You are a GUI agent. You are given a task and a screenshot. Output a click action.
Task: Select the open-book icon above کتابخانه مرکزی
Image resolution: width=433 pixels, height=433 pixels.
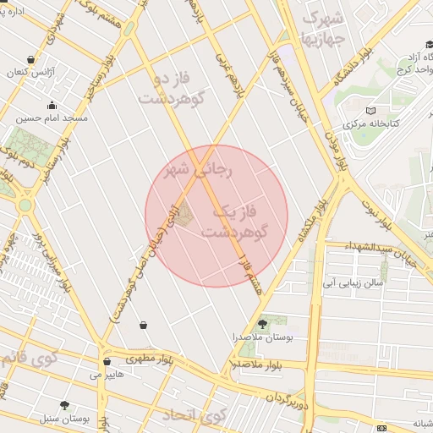tap(370, 111)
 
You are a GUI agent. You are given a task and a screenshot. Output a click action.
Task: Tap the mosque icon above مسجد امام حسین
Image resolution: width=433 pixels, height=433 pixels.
tap(52, 107)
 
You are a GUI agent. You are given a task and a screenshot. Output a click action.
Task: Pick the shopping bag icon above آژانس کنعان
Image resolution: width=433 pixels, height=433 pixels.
tap(31, 60)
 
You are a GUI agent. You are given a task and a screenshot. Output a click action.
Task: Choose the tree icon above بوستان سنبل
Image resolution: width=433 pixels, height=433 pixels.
tap(65, 406)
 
